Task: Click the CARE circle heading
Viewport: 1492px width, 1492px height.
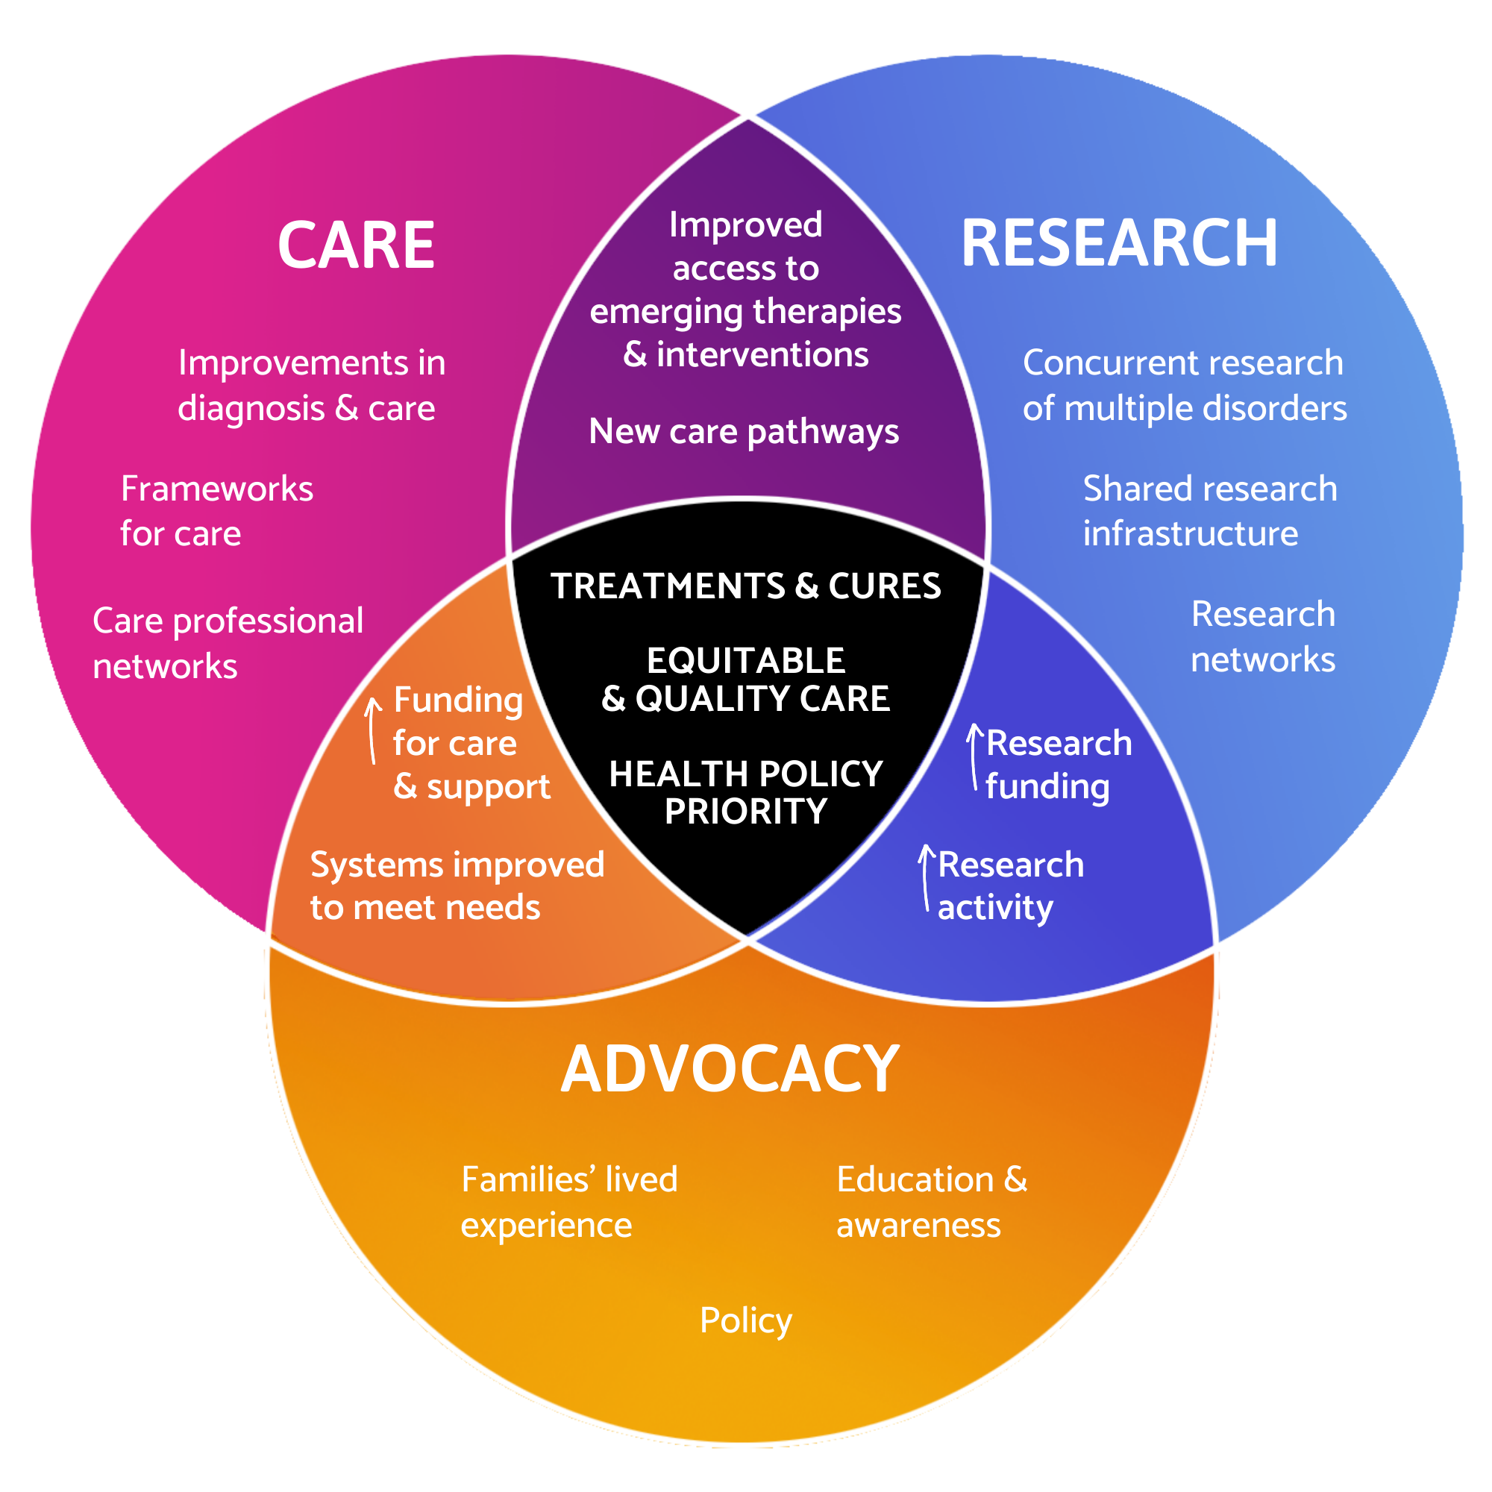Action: (356, 245)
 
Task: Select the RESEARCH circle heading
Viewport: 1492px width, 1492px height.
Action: (1119, 243)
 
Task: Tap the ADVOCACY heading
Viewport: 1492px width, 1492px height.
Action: (730, 1069)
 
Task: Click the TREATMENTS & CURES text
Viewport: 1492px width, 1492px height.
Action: (745, 586)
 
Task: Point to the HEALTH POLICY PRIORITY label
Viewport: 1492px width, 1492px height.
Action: (745, 792)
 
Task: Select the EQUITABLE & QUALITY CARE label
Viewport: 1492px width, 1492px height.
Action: (745, 680)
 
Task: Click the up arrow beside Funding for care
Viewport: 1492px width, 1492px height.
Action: (373, 730)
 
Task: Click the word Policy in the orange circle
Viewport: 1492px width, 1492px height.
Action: (745, 1320)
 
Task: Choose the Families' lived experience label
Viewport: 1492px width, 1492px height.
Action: (569, 1203)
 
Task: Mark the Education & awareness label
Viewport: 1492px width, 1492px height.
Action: (931, 1203)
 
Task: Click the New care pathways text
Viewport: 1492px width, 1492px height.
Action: (744, 431)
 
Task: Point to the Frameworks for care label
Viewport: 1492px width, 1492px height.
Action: (217, 511)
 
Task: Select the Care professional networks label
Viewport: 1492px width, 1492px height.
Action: (228, 643)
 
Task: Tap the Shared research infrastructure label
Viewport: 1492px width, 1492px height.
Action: (1209, 511)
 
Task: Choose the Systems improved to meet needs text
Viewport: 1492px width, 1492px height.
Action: (457, 886)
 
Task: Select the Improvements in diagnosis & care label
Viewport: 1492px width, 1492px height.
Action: (311, 386)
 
